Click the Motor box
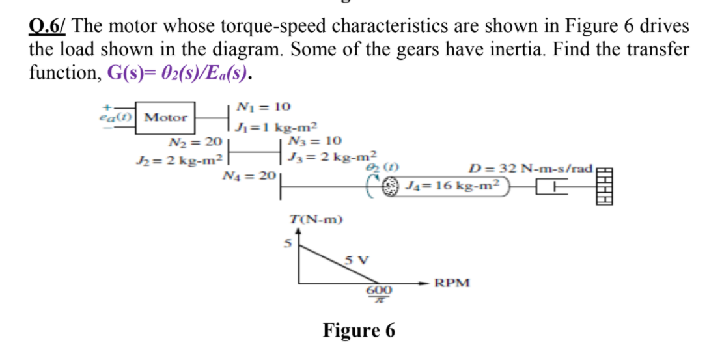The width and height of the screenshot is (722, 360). (165, 118)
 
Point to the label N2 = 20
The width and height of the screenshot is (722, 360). (195, 141)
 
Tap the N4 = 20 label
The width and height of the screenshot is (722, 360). (250, 175)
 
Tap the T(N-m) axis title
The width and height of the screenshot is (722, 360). (316, 220)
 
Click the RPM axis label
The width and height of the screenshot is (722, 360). (452, 284)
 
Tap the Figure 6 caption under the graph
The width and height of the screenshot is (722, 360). (359, 331)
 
